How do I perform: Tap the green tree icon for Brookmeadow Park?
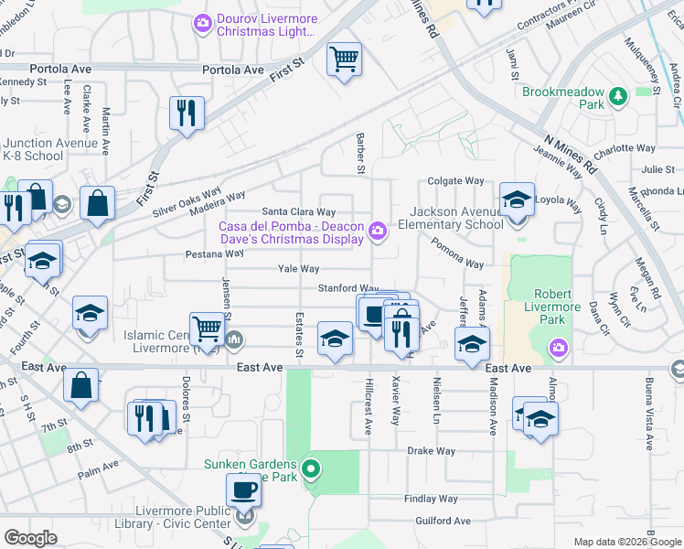tap(618, 93)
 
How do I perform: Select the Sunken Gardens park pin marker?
tap(311, 470)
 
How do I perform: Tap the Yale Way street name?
tap(299, 269)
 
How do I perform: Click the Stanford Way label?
tap(347, 288)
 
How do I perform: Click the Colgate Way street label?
tap(454, 181)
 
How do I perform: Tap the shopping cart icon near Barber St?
tap(344, 60)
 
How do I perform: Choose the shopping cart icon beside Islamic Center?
tap(208, 328)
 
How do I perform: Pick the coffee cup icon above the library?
tap(243, 490)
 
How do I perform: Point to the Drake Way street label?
tap(432, 451)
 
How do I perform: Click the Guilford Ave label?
tap(442, 521)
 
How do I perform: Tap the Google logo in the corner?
tap(30, 538)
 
